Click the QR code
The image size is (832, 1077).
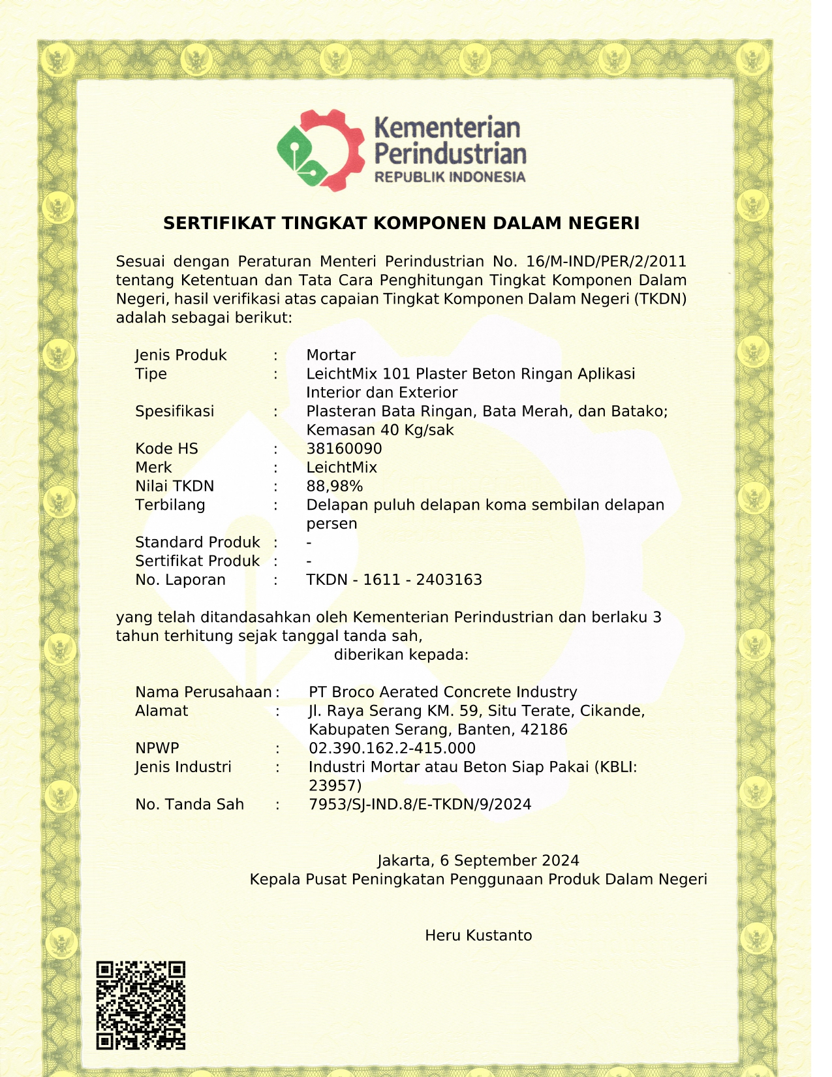click(141, 1005)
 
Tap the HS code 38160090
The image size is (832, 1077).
click(344, 449)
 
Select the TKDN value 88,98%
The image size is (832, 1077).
click(334, 486)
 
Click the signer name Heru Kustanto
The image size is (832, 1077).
click(478, 935)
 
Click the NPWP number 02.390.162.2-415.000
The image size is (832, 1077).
click(392, 749)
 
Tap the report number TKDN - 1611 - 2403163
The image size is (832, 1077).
click(393, 580)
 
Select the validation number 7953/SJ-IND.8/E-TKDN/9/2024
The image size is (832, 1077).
click(420, 805)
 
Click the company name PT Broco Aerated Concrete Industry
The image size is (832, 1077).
click(442, 693)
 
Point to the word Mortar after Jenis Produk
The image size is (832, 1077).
click(331, 355)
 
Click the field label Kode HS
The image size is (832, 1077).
click(166, 449)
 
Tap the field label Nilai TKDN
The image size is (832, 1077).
click(174, 486)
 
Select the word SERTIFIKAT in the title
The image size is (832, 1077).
click(219, 223)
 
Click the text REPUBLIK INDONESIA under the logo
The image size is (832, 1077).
click(450, 177)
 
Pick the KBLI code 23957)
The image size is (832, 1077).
click(335, 786)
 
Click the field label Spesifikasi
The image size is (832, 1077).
click(174, 411)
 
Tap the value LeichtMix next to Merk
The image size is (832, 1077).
click(341, 467)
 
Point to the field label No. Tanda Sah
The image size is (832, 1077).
click(189, 805)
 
